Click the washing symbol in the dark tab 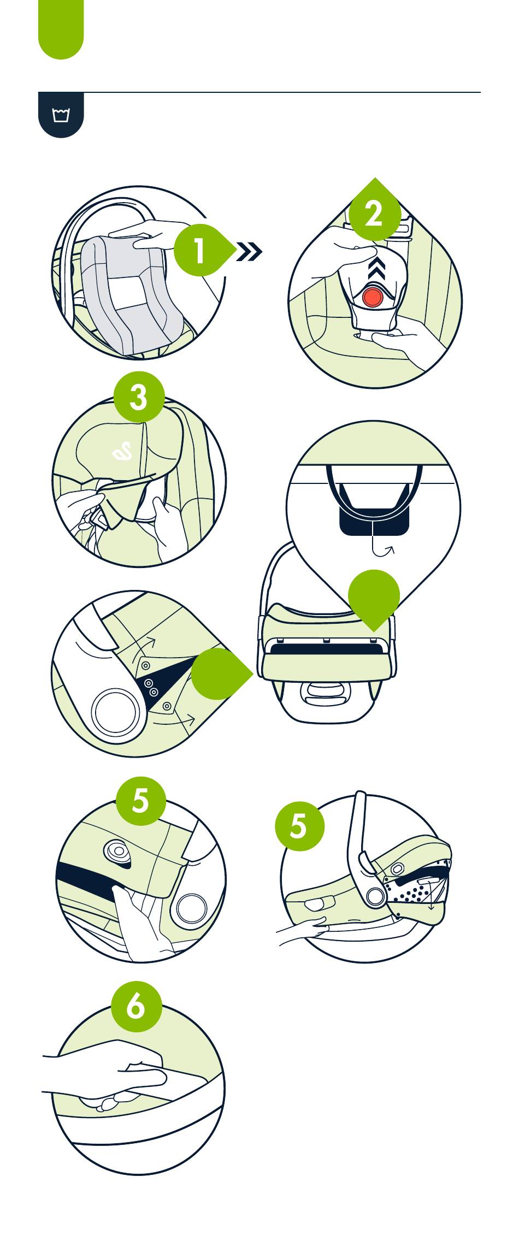click(x=61, y=115)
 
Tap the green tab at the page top click(x=61, y=30)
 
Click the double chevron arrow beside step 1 click(x=249, y=252)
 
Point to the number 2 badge click(x=374, y=214)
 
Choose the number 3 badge click(x=139, y=397)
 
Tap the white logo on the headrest click(x=122, y=452)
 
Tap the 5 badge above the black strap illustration click(x=140, y=800)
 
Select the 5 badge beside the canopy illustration click(x=299, y=825)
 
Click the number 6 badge click(x=136, y=1006)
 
